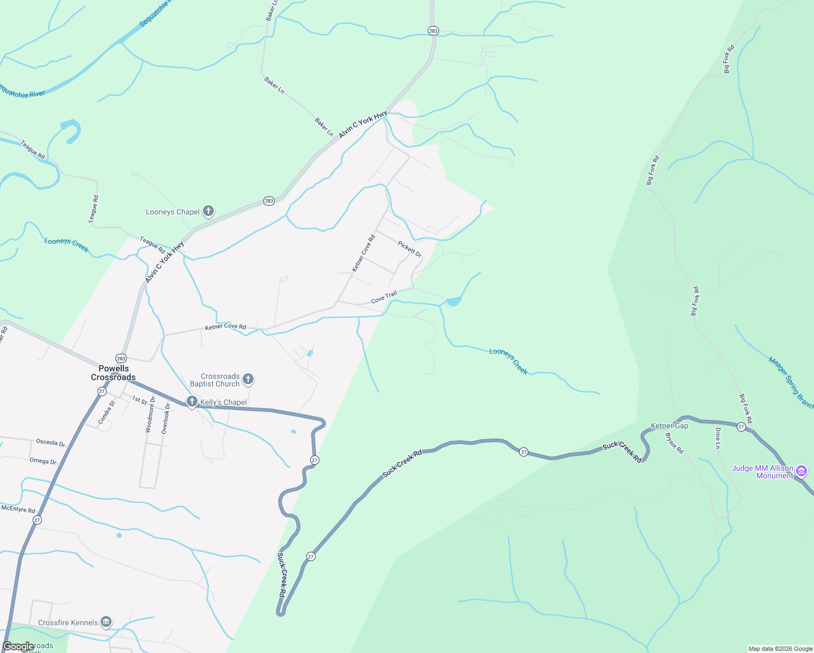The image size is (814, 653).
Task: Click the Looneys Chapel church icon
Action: pyautogui.click(x=208, y=211)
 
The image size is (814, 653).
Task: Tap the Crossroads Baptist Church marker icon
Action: pyautogui.click(x=248, y=379)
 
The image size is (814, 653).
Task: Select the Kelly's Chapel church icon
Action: pyautogui.click(x=192, y=402)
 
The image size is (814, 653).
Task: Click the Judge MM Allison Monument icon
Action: pyautogui.click(x=801, y=471)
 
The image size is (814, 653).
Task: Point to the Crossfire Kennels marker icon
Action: pyautogui.click(x=106, y=622)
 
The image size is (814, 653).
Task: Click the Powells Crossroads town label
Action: pyautogui.click(x=113, y=373)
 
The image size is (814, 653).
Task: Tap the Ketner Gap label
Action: pyautogui.click(x=669, y=426)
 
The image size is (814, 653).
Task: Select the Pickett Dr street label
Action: pyautogui.click(x=410, y=249)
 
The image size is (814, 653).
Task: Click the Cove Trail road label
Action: pyautogui.click(x=384, y=298)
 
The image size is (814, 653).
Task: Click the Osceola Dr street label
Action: pyautogui.click(x=51, y=443)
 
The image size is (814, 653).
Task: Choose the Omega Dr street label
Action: pyautogui.click(x=43, y=461)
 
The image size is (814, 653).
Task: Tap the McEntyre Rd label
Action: pyautogui.click(x=18, y=509)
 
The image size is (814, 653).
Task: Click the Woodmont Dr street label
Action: pyautogui.click(x=150, y=415)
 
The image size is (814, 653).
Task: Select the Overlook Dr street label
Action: pyautogui.click(x=165, y=418)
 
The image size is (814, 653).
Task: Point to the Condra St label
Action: pyautogui.click(x=107, y=412)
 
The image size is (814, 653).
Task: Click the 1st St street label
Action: pyautogui.click(x=139, y=401)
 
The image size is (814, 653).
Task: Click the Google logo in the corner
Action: pyautogui.click(x=17, y=646)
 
